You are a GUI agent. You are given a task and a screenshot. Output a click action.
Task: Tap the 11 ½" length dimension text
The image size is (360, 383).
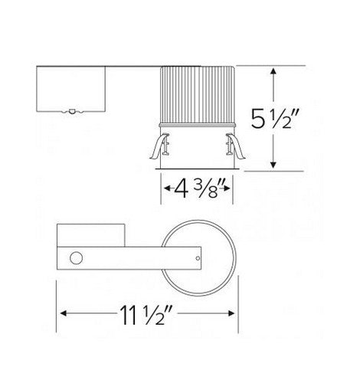[x=146, y=314]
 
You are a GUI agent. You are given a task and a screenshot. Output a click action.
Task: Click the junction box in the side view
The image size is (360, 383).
[x=72, y=90]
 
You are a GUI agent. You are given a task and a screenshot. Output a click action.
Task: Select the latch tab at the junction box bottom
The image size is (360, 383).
[x=71, y=112]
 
